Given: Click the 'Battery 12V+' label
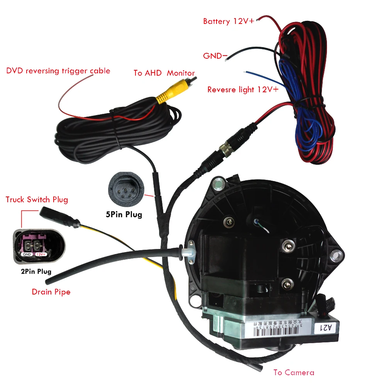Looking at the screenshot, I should [x=229, y=21].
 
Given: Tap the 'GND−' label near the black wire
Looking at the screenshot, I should [x=215, y=56].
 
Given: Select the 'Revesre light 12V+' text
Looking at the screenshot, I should [x=243, y=90].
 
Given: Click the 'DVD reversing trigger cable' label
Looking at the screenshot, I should [x=58, y=71].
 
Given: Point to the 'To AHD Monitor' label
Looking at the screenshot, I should [x=164, y=73].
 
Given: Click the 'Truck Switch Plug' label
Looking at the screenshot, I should [x=37, y=200].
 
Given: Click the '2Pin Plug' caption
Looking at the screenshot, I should [x=36, y=271].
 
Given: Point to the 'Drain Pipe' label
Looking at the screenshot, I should [x=51, y=292].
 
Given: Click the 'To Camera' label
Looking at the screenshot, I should [x=294, y=372].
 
